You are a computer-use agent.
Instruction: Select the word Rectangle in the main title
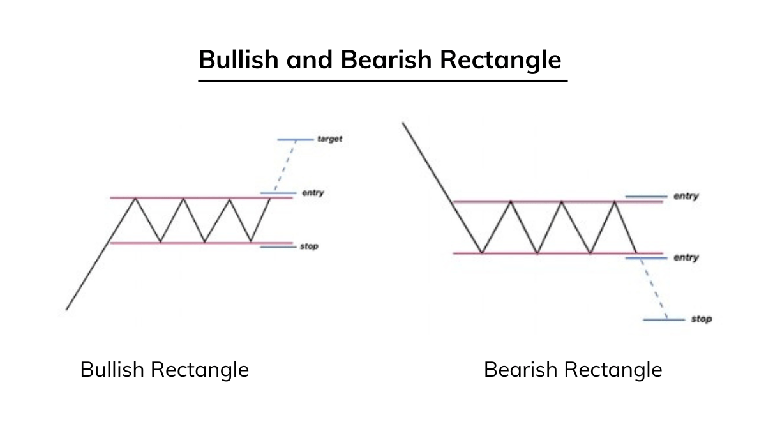(x=500, y=59)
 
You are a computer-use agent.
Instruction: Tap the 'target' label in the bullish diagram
(x=329, y=139)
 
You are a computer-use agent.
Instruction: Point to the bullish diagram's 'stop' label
(x=308, y=246)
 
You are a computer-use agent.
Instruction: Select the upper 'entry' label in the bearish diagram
(x=686, y=196)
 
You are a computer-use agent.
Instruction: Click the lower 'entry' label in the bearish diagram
(x=686, y=257)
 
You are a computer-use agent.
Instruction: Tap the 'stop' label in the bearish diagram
(x=701, y=319)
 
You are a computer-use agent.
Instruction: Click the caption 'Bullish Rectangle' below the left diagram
(x=164, y=369)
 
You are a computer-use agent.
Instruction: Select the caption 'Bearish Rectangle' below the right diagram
(x=573, y=369)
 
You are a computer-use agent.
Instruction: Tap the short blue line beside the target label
(x=296, y=139)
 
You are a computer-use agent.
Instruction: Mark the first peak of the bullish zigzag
(x=135, y=199)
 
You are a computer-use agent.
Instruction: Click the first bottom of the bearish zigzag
(x=482, y=253)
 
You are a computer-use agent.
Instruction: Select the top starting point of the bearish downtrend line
(x=403, y=123)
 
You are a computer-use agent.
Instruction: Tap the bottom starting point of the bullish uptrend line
(x=66, y=310)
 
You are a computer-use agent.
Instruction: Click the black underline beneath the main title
(x=382, y=81)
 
